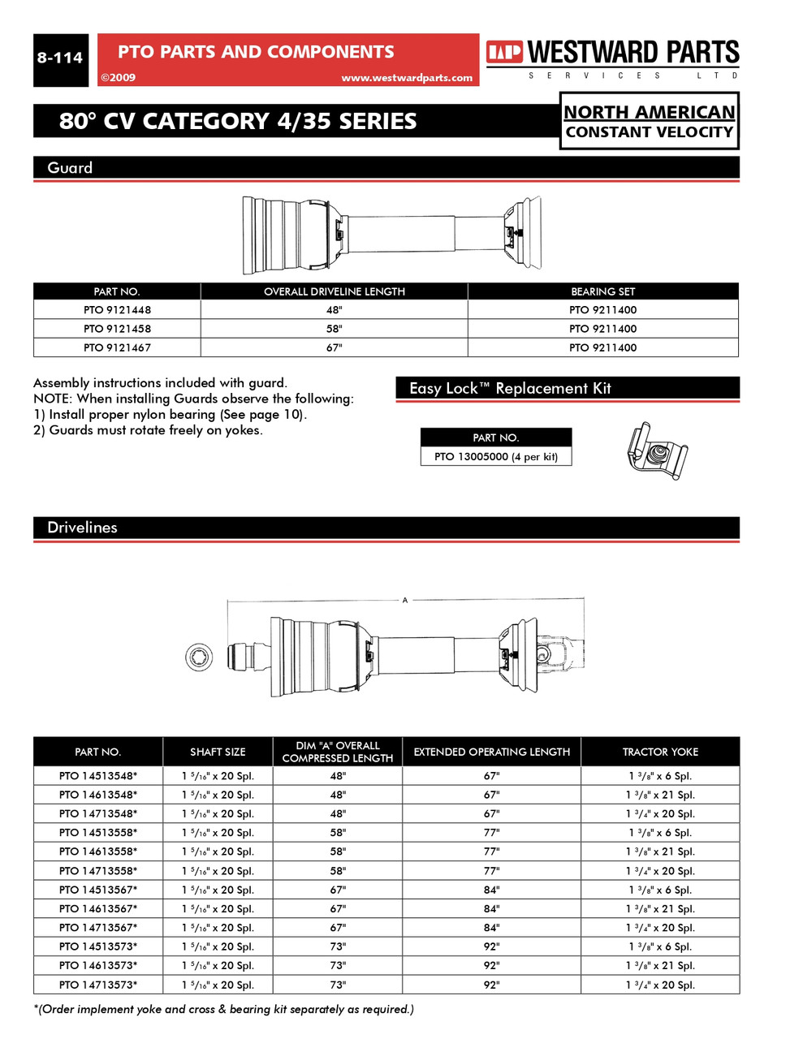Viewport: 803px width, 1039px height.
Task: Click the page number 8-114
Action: pos(60,58)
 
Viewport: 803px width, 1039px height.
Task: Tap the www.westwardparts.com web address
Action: pos(406,78)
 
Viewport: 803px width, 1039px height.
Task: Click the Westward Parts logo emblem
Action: pos(504,54)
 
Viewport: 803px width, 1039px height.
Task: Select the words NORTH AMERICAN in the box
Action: pos(649,112)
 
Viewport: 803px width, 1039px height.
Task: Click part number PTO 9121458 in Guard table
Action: pos(117,329)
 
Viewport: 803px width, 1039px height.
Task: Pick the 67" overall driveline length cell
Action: pos(334,347)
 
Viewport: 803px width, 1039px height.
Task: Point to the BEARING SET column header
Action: pos(602,291)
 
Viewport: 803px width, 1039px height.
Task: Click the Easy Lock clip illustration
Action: pos(657,451)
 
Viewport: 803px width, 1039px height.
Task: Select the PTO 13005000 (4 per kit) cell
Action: pos(495,456)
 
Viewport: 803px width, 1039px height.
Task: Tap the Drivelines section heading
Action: pos(82,528)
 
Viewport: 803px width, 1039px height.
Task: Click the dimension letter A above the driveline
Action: pos(405,601)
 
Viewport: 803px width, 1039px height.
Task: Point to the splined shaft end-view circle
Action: pos(200,657)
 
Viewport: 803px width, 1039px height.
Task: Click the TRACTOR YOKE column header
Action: pos(660,752)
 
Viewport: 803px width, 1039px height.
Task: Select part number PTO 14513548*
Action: pos(98,776)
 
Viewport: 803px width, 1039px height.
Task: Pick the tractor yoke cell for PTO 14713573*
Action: pos(660,985)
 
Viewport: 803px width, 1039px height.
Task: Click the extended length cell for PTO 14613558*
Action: pos(491,851)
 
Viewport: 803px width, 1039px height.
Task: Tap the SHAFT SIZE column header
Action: pos(218,752)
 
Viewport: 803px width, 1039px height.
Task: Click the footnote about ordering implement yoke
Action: pos(224,1009)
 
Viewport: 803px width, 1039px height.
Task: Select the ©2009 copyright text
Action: pos(119,78)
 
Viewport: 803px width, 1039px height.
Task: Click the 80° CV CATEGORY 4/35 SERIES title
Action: pos(238,122)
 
